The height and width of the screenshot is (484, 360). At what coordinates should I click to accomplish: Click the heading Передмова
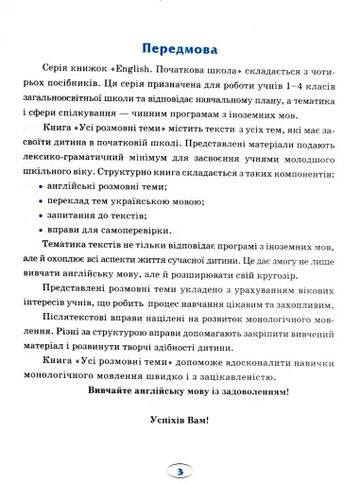point(180,49)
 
